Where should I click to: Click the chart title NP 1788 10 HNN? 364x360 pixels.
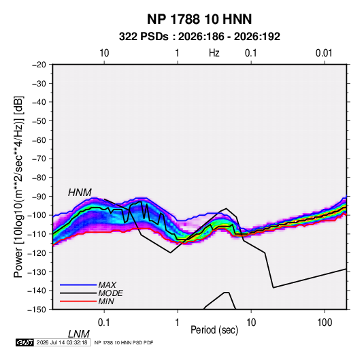199,19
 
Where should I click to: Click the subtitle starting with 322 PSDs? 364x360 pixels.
199,37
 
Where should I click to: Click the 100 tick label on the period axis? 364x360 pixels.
325,323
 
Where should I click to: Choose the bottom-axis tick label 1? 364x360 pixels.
178,323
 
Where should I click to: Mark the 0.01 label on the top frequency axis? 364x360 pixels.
324,53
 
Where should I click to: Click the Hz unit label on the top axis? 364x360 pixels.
214,53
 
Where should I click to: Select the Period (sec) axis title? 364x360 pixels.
214,330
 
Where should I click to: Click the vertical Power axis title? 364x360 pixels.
19,186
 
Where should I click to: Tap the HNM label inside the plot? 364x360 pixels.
80,193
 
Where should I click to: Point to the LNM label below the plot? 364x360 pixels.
78,334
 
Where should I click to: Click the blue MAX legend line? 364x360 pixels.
78,285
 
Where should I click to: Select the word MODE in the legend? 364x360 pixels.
110,293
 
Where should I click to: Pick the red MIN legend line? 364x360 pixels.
78,301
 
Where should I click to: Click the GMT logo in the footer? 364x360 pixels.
25,342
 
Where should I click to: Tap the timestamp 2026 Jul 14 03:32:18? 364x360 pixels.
62,342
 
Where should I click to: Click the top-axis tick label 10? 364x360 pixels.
104,53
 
